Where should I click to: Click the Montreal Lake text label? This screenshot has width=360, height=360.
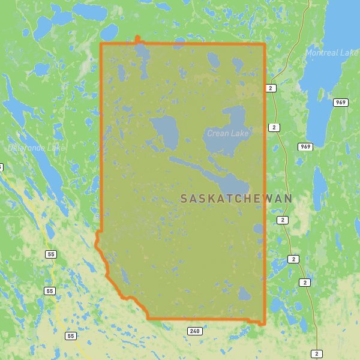click(x=332, y=53)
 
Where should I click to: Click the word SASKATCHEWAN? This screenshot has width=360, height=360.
click(x=236, y=198)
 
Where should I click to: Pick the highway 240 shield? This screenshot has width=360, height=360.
click(x=194, y=331)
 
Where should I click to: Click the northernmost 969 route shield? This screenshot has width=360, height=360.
click(x=341, y=103)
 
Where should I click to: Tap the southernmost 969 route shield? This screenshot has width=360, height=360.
click(x=305, y=146)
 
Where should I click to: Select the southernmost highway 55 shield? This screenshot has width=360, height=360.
click(x=71, y=336)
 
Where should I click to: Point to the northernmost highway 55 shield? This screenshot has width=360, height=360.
click(x=50, y=254)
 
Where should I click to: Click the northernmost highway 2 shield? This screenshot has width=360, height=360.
click(x=271, y=88)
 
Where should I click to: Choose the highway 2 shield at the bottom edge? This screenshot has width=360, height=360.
click(x=316, y=354)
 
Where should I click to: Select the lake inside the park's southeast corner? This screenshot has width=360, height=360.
click(x=244, y=293)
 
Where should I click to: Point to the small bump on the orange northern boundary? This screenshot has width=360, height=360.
click(x=138, y=40)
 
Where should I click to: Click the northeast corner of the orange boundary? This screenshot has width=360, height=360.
click(x=265, y=44)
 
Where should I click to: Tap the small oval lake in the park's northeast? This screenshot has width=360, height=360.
click(x=214, y=59)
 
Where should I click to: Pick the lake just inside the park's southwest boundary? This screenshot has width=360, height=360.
click(x=124, y=275)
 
